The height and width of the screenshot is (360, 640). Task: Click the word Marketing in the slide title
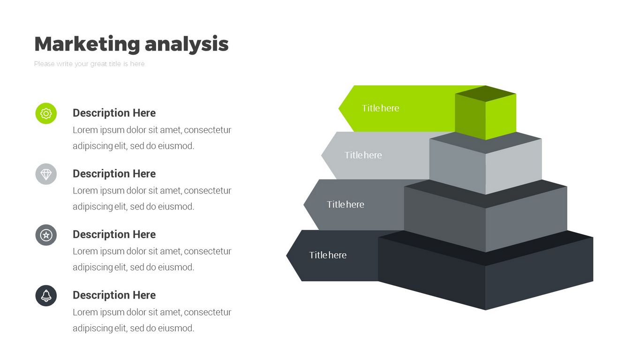click(87, 44)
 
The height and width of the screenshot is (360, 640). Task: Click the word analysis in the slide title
click(187, 44)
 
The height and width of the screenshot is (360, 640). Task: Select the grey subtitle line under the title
click(90, 64)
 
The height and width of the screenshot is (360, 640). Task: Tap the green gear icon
click(46, 113)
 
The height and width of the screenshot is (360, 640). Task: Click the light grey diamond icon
click(46, 174)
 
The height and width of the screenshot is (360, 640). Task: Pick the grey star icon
click(46, 235)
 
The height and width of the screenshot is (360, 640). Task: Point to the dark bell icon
click(46, 296)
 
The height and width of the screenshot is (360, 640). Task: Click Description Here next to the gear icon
click(114, 113)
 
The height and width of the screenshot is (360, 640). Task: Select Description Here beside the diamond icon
click(114, 174)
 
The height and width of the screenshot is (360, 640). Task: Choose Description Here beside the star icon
click(114, 234)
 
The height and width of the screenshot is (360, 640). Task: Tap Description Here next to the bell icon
click(114, 295)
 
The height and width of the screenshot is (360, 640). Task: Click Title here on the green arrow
click(380, 108)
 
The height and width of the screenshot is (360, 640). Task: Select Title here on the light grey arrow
click(363, 155)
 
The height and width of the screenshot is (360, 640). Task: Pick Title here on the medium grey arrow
click(346, 204)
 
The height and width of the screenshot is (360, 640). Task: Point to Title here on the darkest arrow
click(328, 255)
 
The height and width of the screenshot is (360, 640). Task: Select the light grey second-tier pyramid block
click(486, 164)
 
